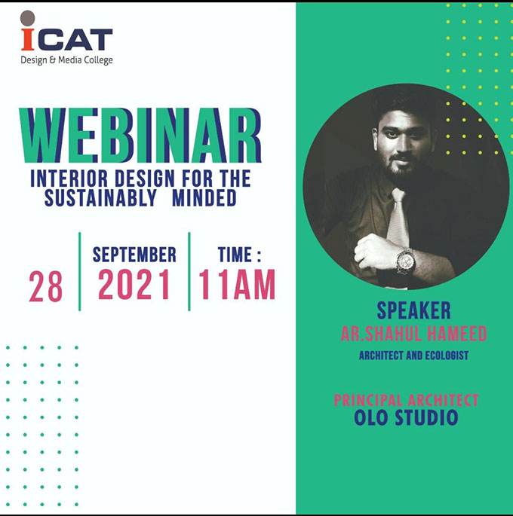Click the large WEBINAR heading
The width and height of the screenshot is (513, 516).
point(140,136)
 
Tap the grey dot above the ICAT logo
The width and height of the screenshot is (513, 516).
point(28,18)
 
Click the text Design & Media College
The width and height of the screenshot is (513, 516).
point(66,60)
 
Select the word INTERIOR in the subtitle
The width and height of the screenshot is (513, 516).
point(69,179)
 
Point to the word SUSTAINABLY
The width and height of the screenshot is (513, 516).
point(100,198)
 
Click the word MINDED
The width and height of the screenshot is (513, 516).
point(204,198)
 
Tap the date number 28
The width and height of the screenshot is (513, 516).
point(45,287)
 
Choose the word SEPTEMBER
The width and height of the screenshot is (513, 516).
point(134,255)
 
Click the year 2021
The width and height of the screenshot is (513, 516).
point(134,284)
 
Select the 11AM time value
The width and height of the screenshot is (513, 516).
point(237,284)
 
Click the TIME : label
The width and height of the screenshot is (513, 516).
point(240,255)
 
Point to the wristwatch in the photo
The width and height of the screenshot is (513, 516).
point(406,261)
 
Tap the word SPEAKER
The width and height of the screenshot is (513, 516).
point(414,310)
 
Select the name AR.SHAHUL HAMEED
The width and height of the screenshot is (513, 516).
point(414,334)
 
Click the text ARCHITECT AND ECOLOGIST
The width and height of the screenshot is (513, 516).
point(414,356)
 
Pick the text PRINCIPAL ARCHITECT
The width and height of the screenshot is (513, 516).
point(406,400)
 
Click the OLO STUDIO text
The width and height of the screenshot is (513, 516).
point(406,417)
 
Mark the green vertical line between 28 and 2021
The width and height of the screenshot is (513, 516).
point(80,271)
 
